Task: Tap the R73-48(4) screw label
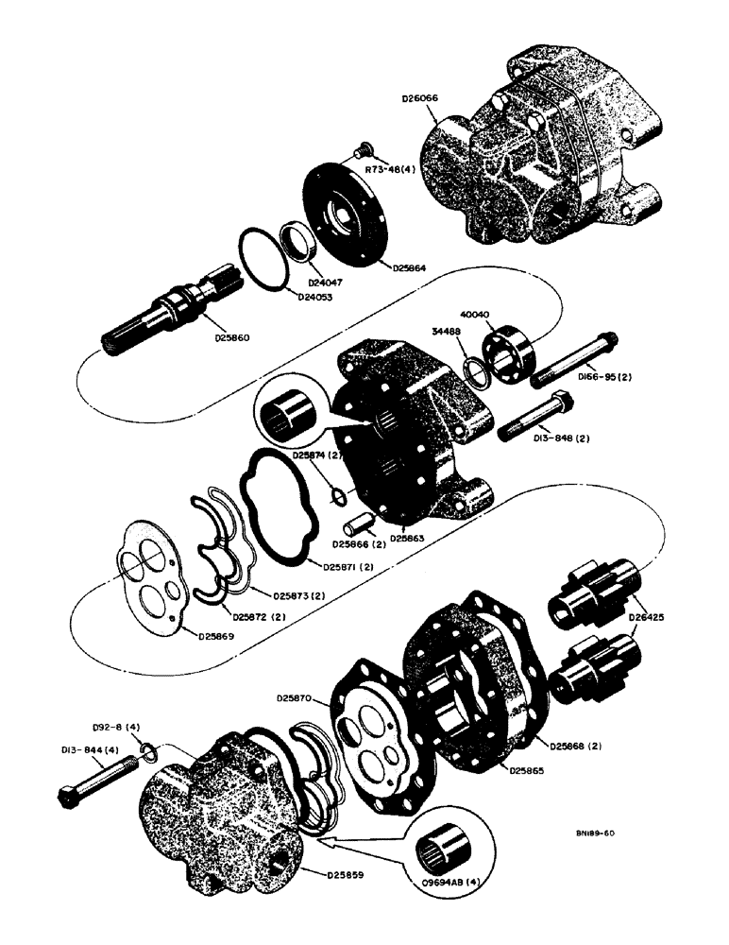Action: [399, 172]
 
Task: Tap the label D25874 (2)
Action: [319, 456]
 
